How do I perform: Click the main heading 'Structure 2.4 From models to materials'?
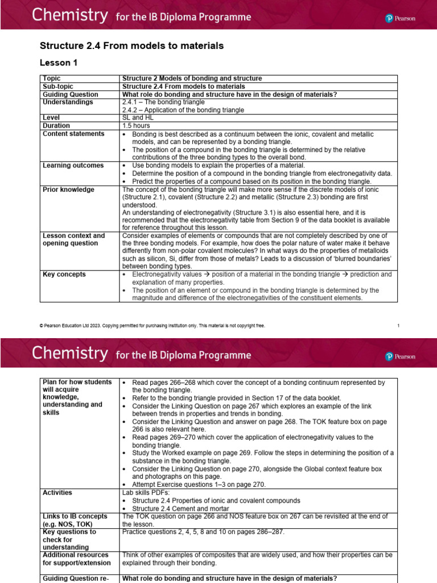[131, 46]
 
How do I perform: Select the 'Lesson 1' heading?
[58, 63]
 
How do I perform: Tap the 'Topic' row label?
[52, 78]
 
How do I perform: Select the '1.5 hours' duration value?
[136, 125]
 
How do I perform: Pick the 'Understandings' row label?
[68, 102]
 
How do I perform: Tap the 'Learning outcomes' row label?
[73, 165]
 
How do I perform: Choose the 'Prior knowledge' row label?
[68, 189]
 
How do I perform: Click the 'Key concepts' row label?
[64, 274]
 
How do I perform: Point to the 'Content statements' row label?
[73, 133]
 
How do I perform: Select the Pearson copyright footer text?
[152, 326]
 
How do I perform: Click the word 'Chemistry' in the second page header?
[69, 354]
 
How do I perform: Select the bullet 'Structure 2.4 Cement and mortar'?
[180, 508]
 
